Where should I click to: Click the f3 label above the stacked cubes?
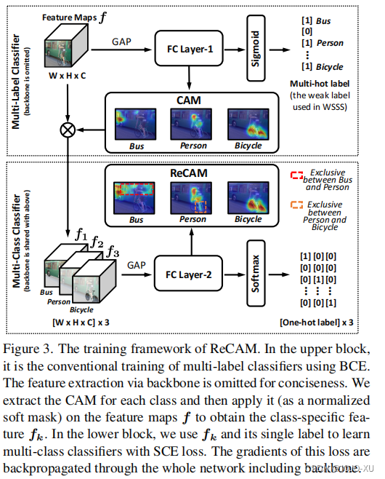click(111, 252)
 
